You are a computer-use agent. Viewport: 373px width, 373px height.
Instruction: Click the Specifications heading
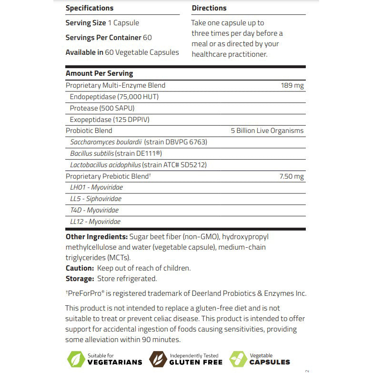(90, 8)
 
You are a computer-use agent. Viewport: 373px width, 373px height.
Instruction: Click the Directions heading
(209, 8)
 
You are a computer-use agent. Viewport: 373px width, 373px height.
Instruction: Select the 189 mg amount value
(292, 86)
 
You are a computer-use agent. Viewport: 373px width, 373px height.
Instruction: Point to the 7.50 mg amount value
(291, 176)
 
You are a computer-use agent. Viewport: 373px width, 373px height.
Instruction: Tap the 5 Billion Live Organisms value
(267, 131)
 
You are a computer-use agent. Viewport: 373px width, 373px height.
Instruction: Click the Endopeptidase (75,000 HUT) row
(114, 97)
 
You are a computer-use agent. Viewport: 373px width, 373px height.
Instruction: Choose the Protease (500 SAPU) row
(102, 108)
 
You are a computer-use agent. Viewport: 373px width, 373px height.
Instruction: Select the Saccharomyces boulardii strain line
(139, 142)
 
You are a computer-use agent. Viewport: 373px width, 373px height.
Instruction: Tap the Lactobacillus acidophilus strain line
(138, 165)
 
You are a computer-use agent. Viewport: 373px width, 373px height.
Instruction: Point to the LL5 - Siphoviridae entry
(96, 199)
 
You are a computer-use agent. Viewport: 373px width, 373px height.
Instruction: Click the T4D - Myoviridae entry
(94, 210)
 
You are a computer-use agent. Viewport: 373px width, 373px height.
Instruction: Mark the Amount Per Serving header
(99, 73)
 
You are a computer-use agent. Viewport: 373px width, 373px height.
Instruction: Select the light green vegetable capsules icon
(239, 359)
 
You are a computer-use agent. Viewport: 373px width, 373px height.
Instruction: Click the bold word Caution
(80, 268)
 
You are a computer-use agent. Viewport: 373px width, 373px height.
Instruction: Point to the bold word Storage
(80, 279)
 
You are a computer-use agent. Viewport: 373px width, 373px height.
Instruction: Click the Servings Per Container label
(103, 37)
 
